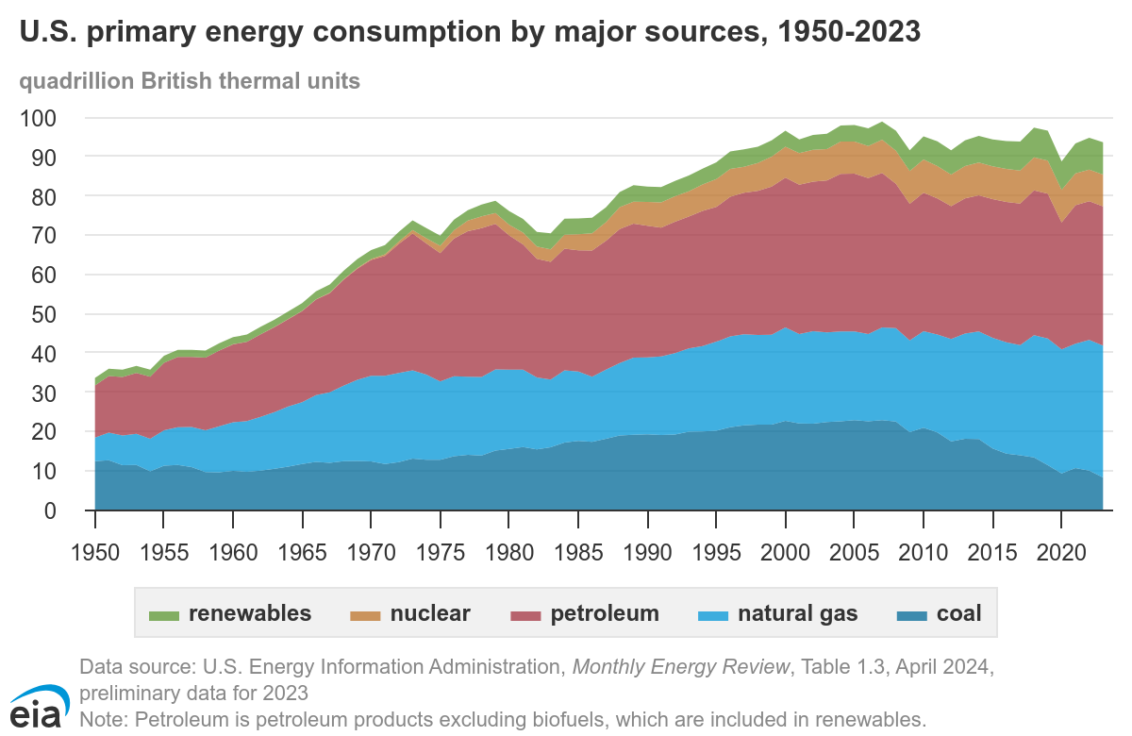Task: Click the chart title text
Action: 470,33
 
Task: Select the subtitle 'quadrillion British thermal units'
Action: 190,81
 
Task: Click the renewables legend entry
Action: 231,614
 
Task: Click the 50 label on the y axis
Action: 44,314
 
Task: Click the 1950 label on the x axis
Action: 95,549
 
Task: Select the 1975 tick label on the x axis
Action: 441,549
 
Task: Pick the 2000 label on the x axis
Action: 785,549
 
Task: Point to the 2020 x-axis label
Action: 1061,549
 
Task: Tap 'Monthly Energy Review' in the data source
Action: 681,667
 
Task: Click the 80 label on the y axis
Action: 44,196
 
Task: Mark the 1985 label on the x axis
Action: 578,549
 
